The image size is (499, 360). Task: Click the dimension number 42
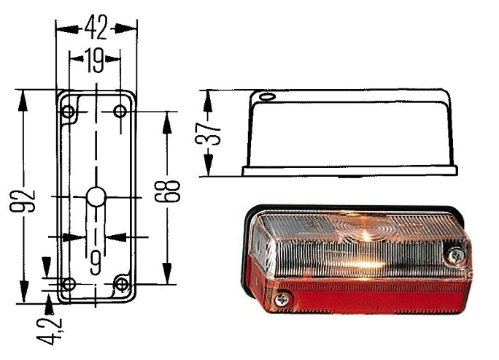coord(96,27)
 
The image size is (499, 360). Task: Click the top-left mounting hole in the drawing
coord(69,112)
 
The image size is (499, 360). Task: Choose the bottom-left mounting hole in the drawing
coord(69,283)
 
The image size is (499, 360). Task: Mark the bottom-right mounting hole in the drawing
coord(123,283)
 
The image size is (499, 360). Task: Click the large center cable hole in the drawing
coord(96,196)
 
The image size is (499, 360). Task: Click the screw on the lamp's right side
coord(457,255)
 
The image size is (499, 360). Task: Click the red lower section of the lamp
coord(365,296)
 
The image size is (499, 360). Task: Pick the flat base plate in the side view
coord(350,170)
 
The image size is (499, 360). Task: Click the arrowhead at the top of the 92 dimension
coord(23,96)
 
